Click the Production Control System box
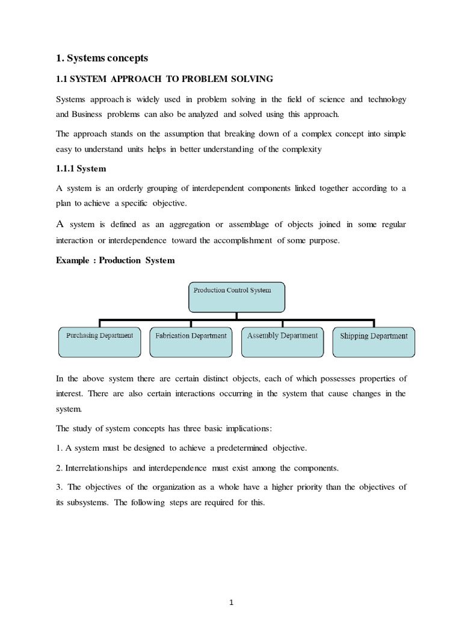[x=237, y=297]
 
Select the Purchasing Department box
[x=100, y=342]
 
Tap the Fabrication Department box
[x=191, y=342]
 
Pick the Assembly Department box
[x=282, y=342]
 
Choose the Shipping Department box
[x=374, y=342]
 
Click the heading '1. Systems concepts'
[x=102, y=58]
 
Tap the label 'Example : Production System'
[x=115, y=260]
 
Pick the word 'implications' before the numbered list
[x=245, y=428]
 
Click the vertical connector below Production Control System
[x=237, y=316]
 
